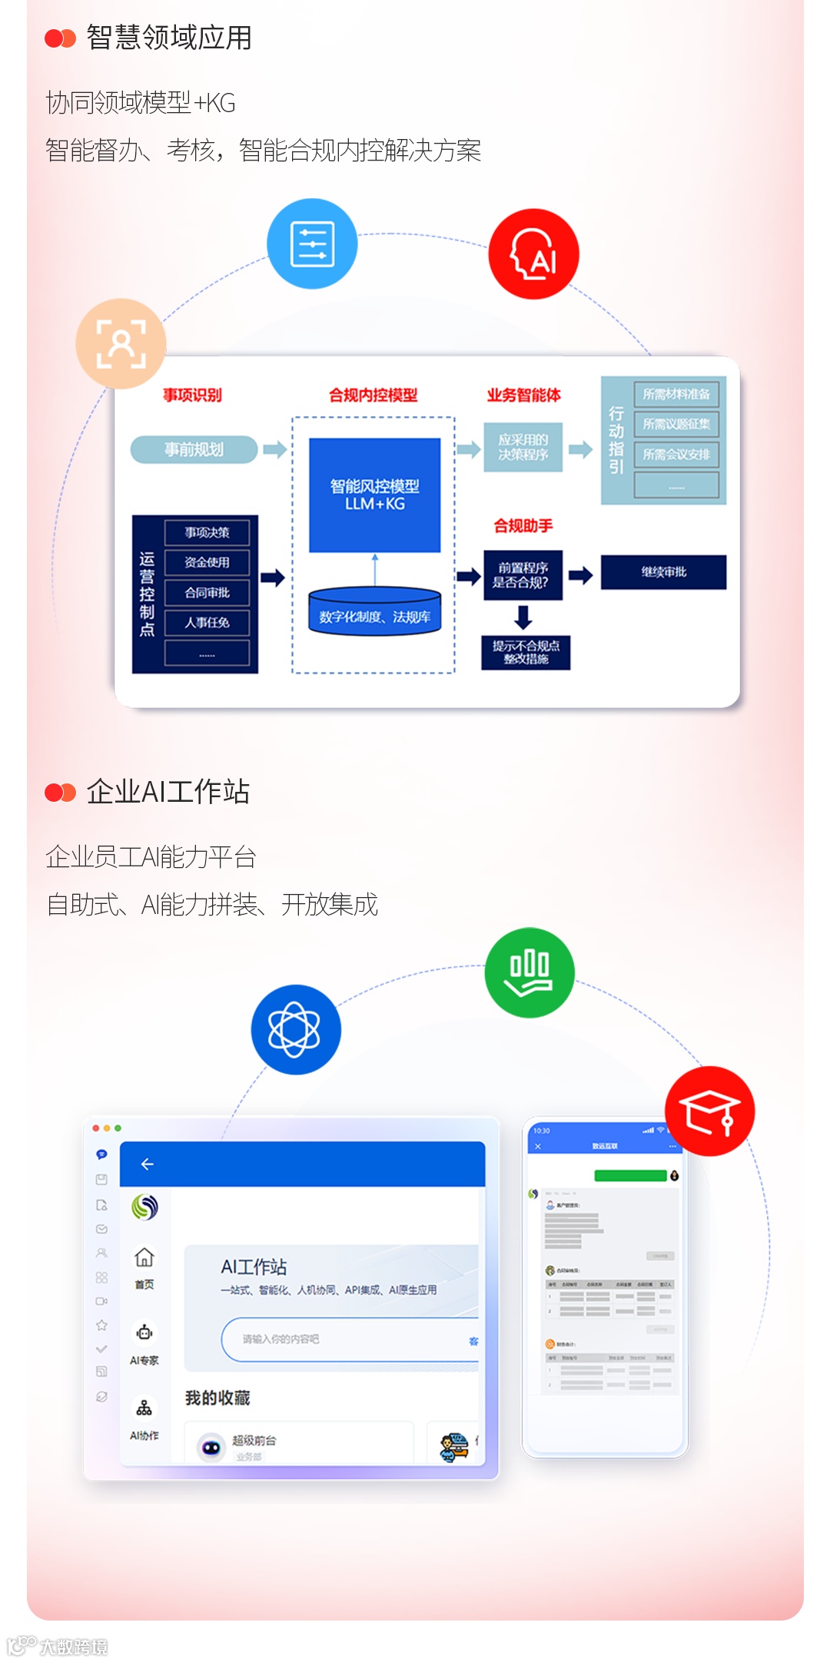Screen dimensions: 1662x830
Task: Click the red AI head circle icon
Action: tap(533, 254)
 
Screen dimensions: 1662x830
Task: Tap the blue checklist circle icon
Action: tap(312, 244)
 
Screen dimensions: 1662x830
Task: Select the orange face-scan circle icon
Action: tap(121, 343)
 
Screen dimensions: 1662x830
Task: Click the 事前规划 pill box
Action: tap(194, 449)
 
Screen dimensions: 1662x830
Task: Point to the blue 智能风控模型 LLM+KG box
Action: tap(374, 495)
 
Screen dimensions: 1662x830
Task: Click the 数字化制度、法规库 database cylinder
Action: tap(374, 613)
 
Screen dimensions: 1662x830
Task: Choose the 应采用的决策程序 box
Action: tap(523, 447)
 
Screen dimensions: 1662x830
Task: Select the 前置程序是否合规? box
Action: tap(523, 575)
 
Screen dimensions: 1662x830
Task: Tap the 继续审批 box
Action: tap(663, 572)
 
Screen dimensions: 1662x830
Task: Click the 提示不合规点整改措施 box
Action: tap(526, 653)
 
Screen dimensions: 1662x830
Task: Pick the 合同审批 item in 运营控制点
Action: tap(207, 593)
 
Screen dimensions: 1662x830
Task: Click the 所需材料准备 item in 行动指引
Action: tap(676, 394)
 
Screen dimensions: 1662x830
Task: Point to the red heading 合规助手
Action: tap(523, 526)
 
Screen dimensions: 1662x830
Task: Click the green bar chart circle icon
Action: tap(530, 972)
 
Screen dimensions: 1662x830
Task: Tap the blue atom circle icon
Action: tap(296, 1029)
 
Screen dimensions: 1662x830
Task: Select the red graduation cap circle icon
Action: tap(709, 1111)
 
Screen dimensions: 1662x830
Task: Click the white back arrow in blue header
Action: tap(148, 1164)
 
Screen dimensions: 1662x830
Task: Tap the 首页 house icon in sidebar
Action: tap(144, 1258)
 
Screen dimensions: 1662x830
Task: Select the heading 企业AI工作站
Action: tap(168, 792)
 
